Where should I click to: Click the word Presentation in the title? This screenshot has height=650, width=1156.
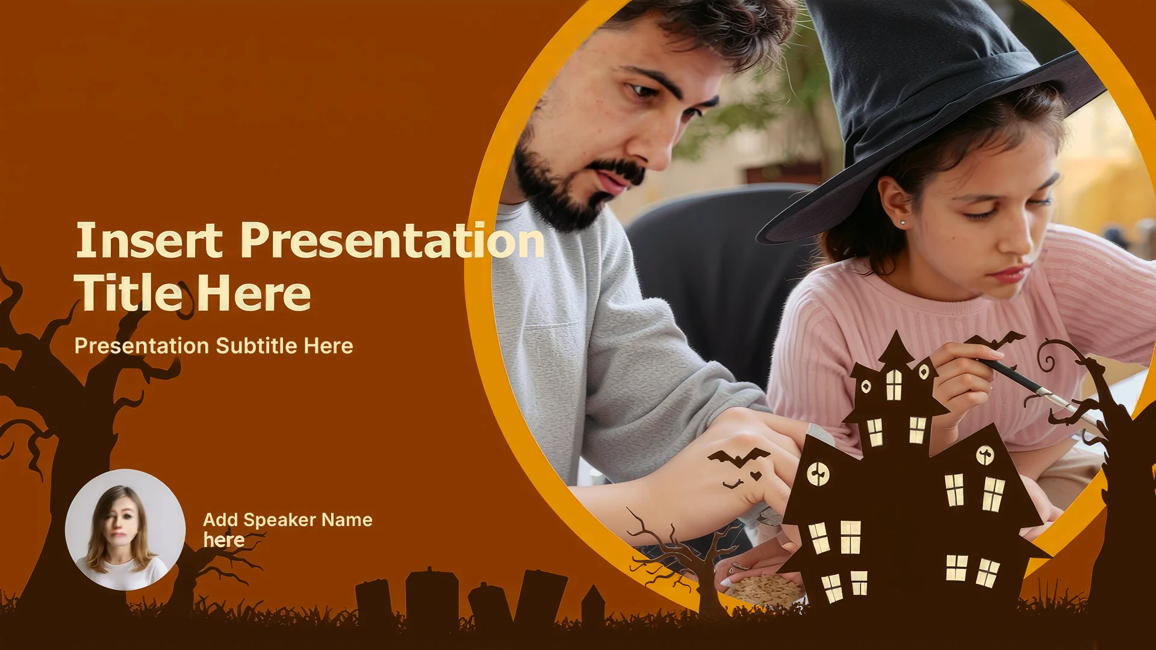393,241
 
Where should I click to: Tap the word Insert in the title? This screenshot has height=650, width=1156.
149,240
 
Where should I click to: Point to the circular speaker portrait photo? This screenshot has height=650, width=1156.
125,530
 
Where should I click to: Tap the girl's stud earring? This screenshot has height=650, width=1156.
903,223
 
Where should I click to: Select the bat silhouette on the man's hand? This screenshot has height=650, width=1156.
738,457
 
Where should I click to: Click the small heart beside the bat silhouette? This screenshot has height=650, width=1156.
756,476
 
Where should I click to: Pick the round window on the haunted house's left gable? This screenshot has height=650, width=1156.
818,474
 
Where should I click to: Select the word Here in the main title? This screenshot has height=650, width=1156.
253,294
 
